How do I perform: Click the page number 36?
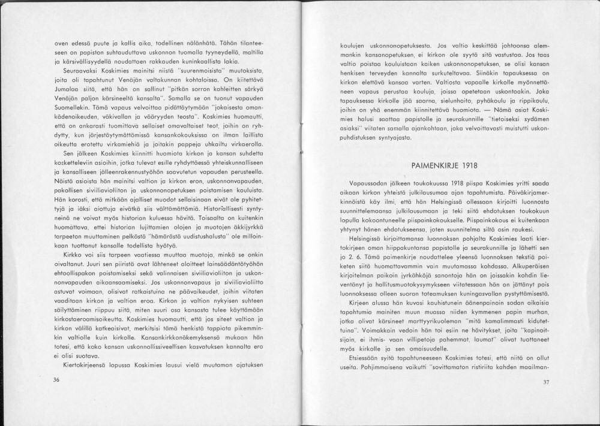coord(56,380)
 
